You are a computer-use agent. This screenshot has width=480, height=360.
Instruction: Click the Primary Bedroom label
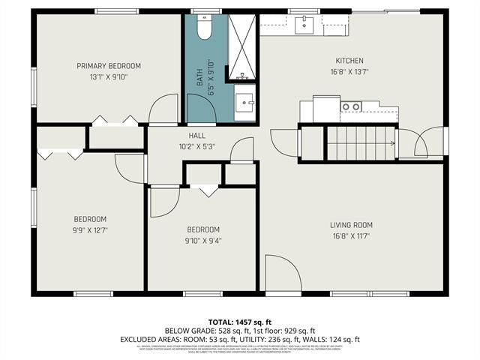pos(109,66)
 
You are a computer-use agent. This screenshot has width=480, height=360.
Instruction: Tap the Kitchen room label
pos(349,61)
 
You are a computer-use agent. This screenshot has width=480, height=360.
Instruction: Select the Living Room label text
pos(351,225)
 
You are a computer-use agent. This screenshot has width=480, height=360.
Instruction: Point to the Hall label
pos(196,136)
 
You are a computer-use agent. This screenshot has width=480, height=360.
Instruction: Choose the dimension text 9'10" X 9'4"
pos(203,241)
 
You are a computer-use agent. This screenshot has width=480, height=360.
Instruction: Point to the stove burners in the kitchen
pos(350,107)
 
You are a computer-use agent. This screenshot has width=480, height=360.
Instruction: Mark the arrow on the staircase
pos(390,142)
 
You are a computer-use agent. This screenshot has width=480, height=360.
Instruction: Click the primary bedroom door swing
pos(163,110)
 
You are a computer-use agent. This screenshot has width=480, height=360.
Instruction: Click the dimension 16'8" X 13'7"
pos(349,72)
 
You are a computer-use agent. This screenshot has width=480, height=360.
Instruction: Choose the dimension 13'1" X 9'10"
pos(109,76)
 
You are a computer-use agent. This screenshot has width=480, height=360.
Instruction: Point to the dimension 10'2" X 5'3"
pos(196,146)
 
